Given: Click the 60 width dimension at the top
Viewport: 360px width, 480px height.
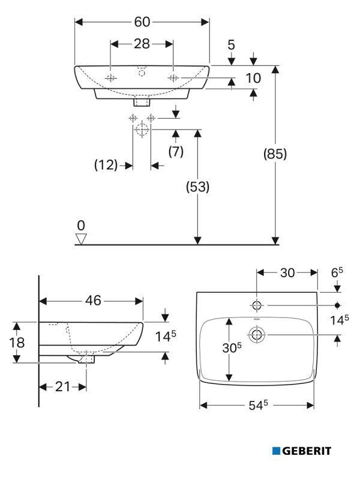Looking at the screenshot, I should (x=142, y=22).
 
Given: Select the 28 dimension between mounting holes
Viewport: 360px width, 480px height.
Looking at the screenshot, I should (x=142, y=44).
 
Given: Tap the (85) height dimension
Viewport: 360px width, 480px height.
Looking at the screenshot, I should (x=275, y=154).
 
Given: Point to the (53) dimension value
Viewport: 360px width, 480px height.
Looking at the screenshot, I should (x=197, y=187).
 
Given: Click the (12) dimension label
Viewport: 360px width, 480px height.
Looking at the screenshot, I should (x=106, y=165).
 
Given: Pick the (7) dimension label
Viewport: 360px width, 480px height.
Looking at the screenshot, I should (x=175, y=152).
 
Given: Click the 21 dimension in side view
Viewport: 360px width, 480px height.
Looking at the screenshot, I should (x=63, y=387).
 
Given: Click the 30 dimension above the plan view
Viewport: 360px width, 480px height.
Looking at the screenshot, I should (x=287, y=273).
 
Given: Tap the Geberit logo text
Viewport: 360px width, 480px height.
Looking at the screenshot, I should (x=306, y=451).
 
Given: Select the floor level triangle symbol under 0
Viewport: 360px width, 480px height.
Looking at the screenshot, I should (x=81, y=239).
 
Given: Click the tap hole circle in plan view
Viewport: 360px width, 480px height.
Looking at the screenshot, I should (x=257, y=305).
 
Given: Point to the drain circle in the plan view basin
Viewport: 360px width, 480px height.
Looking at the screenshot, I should (x=257, y=334).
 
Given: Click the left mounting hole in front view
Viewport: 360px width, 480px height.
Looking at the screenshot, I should (x=111, y=78).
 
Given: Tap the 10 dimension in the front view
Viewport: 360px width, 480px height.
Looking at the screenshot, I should (x=254, y=78).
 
